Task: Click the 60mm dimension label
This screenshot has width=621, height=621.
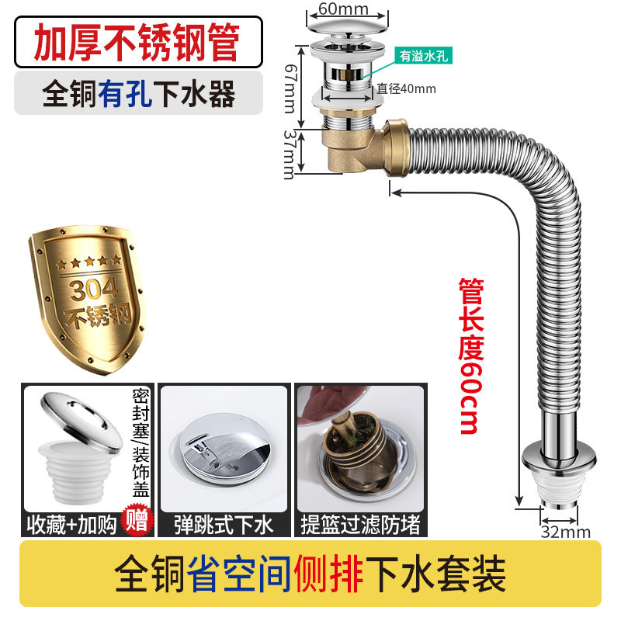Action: [343, 8]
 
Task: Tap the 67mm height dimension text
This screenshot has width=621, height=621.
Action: [290, 88]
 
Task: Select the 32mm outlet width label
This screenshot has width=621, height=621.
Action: [565, 532]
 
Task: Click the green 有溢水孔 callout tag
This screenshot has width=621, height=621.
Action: [423, 56]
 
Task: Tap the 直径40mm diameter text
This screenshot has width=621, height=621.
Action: [406, 88]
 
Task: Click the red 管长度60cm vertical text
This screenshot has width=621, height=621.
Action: [471, 356]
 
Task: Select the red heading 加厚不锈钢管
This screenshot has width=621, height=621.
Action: [137, 42]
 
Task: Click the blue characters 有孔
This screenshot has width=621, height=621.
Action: [125, 94]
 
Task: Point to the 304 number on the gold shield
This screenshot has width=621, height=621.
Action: [93, 289]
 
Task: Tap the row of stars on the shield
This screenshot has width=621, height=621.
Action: [89, 262]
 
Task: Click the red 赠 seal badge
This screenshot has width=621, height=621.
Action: [137, 519]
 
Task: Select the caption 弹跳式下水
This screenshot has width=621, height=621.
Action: [224, 525]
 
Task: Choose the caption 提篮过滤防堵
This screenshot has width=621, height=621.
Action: [360, 525]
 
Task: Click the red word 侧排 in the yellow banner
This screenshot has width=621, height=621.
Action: [328, 574]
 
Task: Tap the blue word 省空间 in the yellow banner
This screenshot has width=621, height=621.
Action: [239, 574]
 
